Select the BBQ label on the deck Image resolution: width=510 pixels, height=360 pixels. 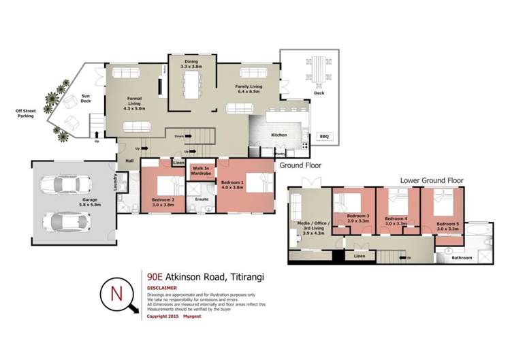[x=324, y=137]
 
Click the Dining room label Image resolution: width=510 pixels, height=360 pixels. [x=192, y=66]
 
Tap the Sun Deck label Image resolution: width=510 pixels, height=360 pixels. [x=86, y=99]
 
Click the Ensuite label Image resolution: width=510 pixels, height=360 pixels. [x=202, y=199]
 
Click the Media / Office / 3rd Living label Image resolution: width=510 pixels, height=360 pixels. [x=308, y=228]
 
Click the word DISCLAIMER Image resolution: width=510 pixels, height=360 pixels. [x=161, y=288]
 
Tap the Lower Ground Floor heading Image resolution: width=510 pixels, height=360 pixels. [x=431, y=181]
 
